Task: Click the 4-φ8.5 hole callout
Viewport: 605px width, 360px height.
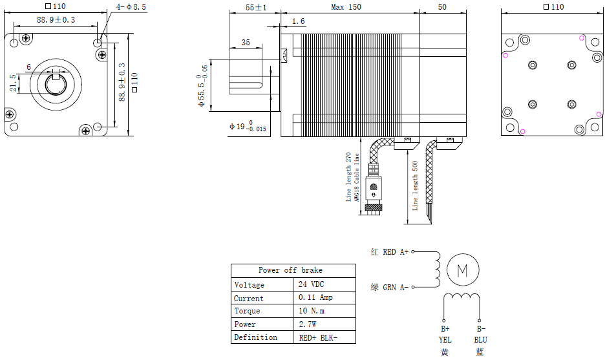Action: (132, 6)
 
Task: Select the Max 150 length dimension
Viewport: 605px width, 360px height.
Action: (346, 7)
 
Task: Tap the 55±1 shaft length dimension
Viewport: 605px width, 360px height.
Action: (248, 7)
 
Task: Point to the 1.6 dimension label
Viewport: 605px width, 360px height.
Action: (298, 22)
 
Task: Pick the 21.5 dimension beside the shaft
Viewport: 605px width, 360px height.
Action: (13, 83)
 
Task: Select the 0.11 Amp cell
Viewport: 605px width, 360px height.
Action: (315, 298)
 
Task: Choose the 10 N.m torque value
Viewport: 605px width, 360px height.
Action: (312, 311)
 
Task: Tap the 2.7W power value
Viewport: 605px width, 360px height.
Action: (308, 324)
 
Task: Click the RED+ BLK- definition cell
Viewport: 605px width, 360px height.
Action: (318, 337)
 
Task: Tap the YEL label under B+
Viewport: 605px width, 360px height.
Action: (445, 339)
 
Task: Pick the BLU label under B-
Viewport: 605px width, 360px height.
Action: (480, 339)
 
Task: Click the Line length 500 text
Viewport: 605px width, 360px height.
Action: (416, 184)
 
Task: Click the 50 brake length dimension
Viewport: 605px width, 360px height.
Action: (442, 7)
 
